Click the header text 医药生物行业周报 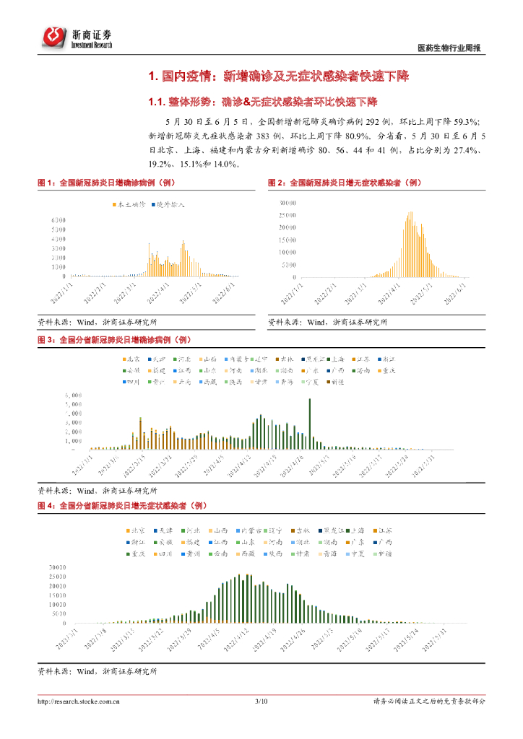(449, 48)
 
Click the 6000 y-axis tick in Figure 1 (59, 220)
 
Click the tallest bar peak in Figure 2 (411, 212)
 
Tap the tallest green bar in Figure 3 (310, 399)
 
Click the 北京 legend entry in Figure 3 (131, 359)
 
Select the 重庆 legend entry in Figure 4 (136, 554)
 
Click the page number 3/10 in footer (261, 701)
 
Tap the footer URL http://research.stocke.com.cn (79, 701)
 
